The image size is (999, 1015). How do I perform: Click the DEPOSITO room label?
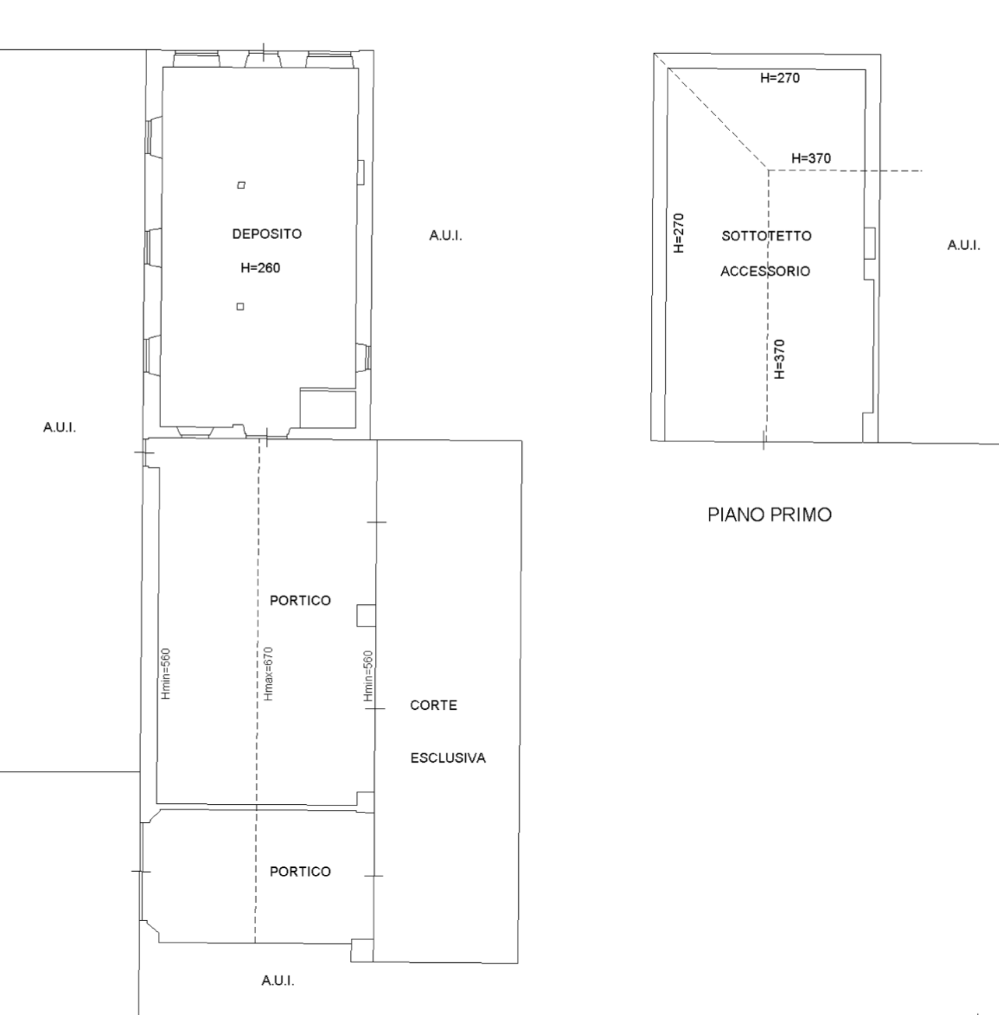coord(267,234)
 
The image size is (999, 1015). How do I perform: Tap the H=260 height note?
coord(260,268)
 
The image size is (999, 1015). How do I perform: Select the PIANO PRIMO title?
coord(769,515)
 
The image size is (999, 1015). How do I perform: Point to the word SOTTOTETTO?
coord(766,236)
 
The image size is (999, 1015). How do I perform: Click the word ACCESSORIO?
coord(765,272)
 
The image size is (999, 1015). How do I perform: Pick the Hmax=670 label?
coord(268,673)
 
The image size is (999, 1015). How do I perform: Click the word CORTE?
coord(433,704)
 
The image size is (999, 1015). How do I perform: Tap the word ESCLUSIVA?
coord(448,758)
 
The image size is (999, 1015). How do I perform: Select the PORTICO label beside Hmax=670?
coord(300,600)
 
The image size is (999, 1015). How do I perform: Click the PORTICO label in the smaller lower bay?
coord(300,872)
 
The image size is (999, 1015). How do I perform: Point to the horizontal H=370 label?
coord(811,158)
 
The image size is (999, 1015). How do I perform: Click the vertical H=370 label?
coord(780,360)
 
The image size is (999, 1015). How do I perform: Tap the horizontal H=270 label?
coord(780,78)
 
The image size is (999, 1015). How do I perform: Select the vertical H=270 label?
coord(678,233)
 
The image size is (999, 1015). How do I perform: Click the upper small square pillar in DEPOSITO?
coord(241,185)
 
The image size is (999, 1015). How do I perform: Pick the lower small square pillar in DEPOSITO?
coord(240,307)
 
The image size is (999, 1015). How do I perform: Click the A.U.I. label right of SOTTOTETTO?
coord(964,245)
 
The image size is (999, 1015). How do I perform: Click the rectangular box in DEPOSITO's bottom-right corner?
coord(328,408)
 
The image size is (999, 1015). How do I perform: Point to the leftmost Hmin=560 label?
coord(166,673)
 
